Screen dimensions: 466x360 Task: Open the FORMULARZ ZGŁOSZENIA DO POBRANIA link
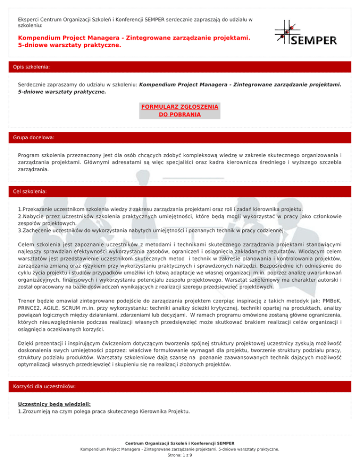[x=180, y=110]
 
